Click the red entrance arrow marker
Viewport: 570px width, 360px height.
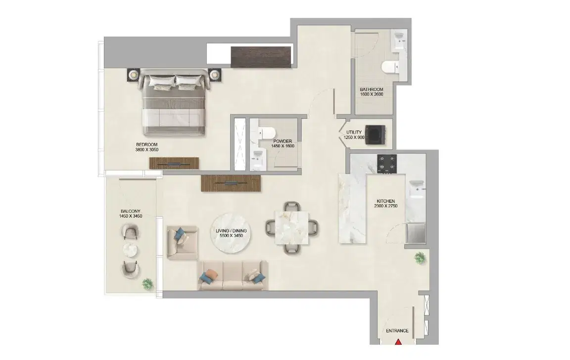[x=398, y=341]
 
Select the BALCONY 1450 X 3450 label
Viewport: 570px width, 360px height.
[x=131, y=214]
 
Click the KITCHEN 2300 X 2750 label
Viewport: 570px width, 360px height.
[x=385, y=204]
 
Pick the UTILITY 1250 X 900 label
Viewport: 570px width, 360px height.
[x=354, y=135]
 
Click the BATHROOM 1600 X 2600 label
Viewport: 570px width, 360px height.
[x=372, y=92]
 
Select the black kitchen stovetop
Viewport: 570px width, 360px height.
[x=387, y=164]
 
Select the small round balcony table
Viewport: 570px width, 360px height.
[x=131, y=249]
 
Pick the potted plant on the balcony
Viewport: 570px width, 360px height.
[x=147, y=283]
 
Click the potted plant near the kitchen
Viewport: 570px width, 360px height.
[x=420, y=257]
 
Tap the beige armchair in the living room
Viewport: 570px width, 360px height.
[x=182, y=242]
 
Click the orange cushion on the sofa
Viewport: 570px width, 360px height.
[x=210, y=273]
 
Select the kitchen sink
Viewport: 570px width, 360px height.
[x=416, y=188]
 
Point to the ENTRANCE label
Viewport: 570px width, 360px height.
[x=398, y=331]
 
